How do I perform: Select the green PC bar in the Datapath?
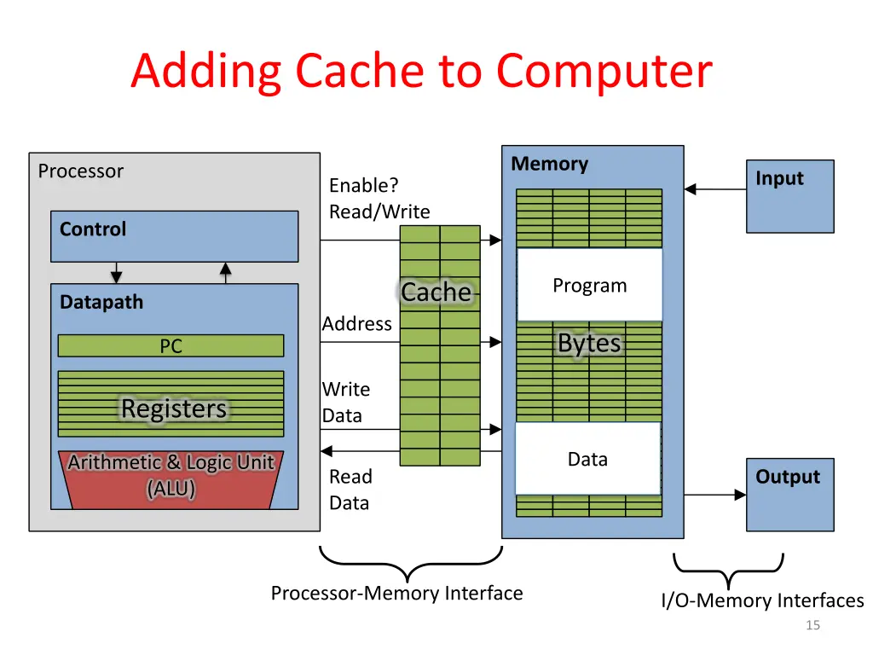[x=171, y=345]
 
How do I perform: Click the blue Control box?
[x=174, y=236]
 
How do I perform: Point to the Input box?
[x=789, y=196]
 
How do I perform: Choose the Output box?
[x=789, y=495]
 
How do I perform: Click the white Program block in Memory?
[x=589, y=285]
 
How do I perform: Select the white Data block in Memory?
[x=587, y=459]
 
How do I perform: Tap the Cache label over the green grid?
[x=436, y=293]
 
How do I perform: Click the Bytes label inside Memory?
[x=589, y=343]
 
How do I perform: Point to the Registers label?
[x=174, y=409]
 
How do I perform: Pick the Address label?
[x=357, y=324]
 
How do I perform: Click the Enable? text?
[x=364, y=185]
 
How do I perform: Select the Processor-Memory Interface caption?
[x=396, y=593]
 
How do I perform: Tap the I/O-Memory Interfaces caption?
[x=762, y=600]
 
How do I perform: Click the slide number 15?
[x=812, y=625]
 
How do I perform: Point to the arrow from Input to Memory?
[x=715, y=189]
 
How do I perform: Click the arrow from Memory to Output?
[x=715, y=494]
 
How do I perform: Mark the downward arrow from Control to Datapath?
[x=117, y=272]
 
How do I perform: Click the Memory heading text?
[x=550, y=164]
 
